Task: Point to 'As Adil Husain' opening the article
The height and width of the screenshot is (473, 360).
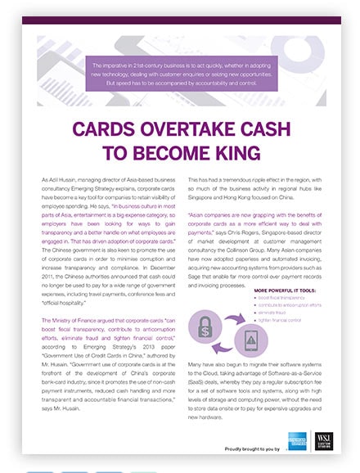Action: [59, 178]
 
